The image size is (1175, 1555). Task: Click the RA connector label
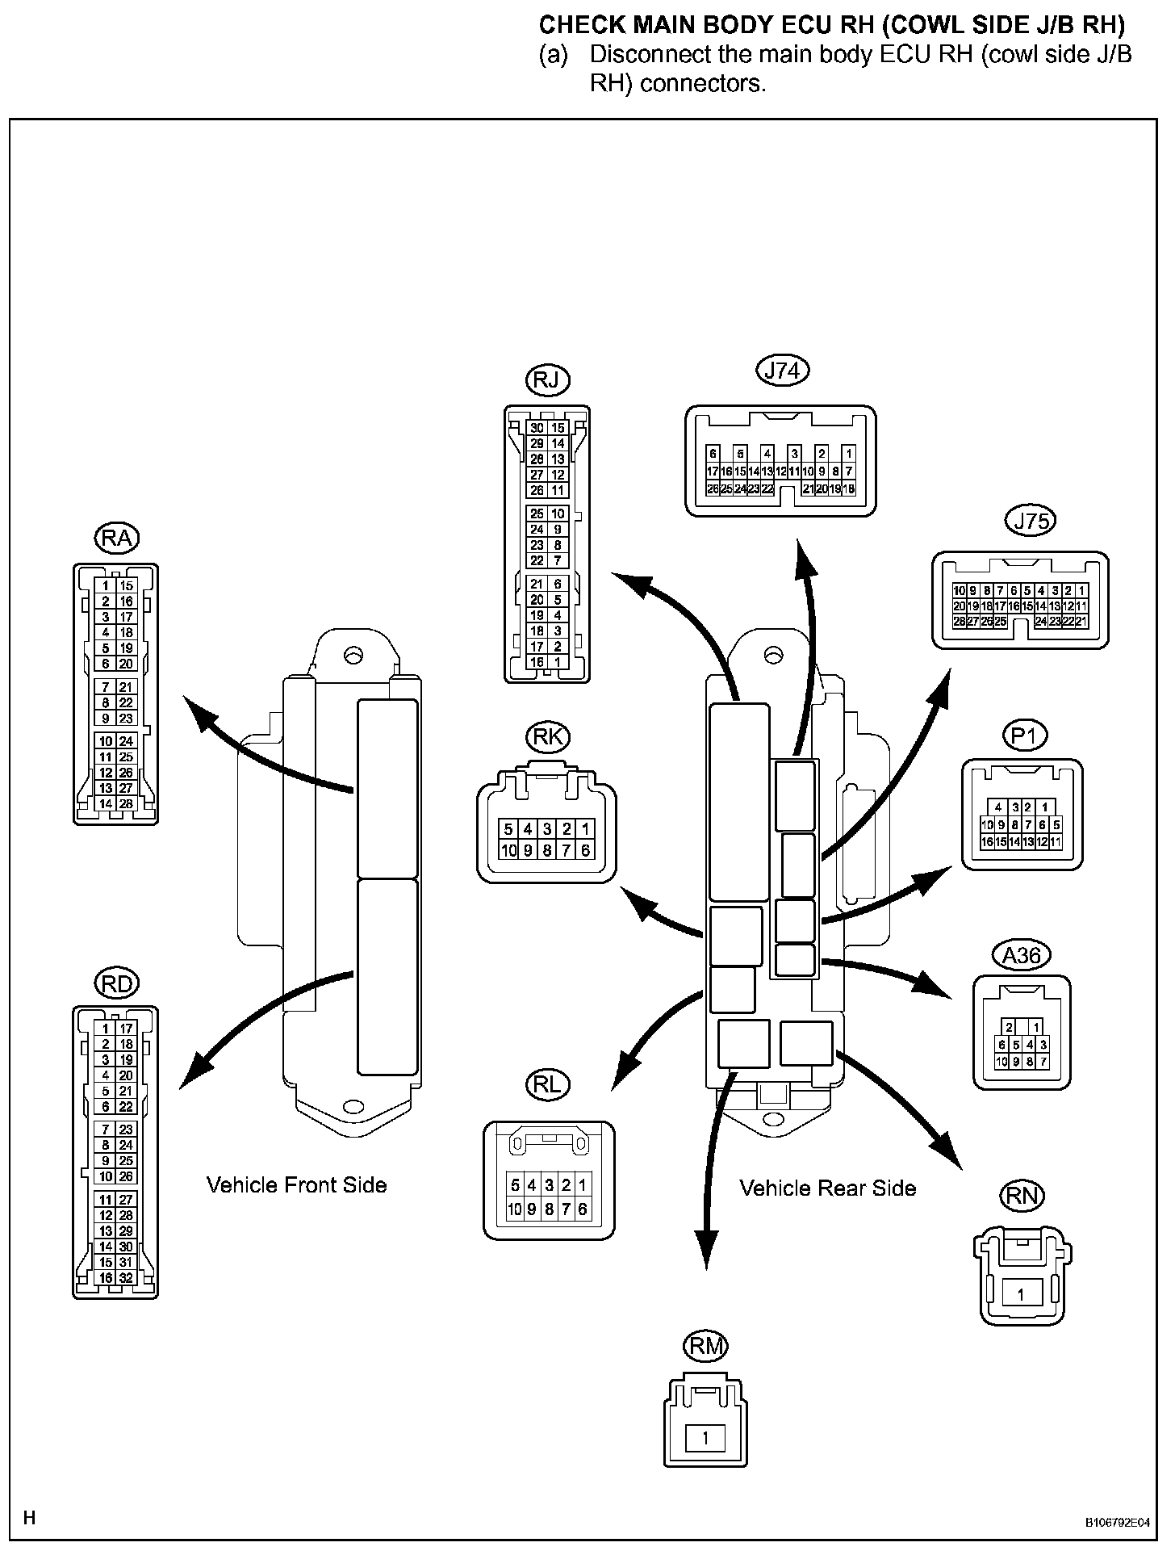117,539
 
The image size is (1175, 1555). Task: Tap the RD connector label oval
117,983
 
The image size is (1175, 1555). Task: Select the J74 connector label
782,370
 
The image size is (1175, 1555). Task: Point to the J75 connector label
1031,521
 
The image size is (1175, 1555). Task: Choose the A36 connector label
1021,956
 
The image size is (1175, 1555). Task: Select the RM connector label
705,1346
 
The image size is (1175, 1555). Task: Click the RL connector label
547,1085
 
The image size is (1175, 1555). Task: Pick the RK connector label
547,736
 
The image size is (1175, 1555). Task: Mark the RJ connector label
547,379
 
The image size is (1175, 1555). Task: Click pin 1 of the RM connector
705,1438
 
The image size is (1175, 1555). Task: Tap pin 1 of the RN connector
1021,1294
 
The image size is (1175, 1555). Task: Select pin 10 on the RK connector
508,850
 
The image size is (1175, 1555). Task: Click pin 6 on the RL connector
583,1209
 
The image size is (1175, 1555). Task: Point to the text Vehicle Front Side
297,1185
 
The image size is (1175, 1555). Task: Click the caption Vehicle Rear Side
828,1188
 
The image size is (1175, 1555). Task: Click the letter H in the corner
30,1519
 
